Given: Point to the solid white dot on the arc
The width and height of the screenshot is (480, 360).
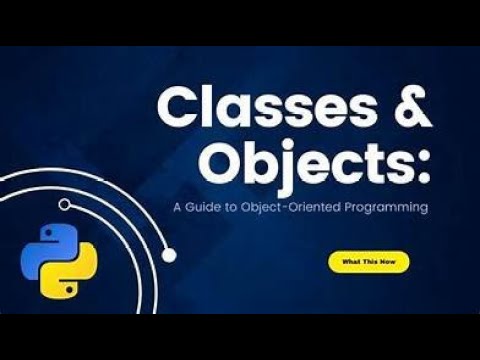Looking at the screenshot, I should (169, 255).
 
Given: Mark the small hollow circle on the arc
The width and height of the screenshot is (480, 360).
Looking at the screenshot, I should (64, 204).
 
